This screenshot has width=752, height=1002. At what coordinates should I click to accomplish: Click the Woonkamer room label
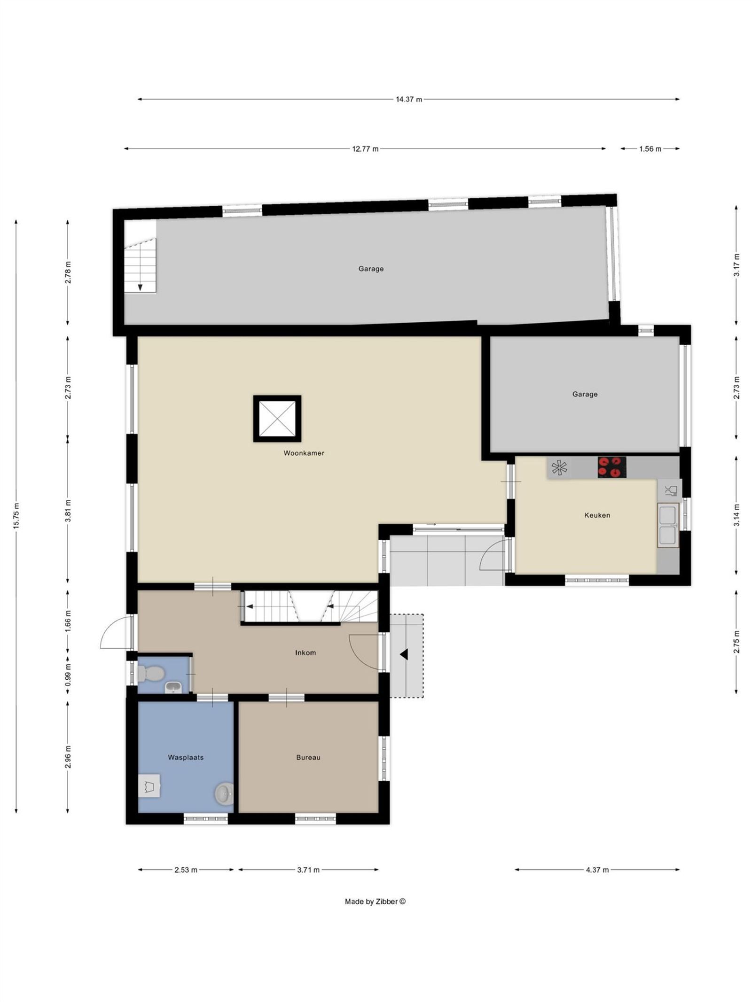[304, 453]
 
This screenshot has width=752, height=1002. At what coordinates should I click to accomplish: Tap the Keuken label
[597, 515]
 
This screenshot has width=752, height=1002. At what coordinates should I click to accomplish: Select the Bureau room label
[308, 758]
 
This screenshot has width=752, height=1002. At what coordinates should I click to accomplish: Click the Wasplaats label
[186, 758]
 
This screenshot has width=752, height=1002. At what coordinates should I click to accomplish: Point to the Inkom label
[305, 653]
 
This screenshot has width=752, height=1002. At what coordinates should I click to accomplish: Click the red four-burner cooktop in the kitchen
[611, 467]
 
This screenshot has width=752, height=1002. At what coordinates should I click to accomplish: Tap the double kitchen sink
[668, 525]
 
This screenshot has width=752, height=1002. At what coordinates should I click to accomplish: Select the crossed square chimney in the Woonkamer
[277, 419]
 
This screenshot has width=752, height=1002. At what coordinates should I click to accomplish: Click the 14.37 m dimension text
[408, 100]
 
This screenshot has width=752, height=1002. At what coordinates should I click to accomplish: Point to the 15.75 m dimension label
[16, 516]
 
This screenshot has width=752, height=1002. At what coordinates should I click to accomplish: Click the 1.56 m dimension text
[650, 149]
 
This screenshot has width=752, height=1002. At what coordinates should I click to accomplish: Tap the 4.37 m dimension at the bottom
[597, 870]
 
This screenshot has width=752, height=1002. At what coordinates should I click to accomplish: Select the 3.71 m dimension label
[308, 870]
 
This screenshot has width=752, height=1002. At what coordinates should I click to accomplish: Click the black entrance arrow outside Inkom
[403, 654]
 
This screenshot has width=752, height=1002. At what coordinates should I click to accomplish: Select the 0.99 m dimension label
[68, 675]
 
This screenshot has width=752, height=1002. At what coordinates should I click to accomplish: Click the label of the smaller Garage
[585, 394]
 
